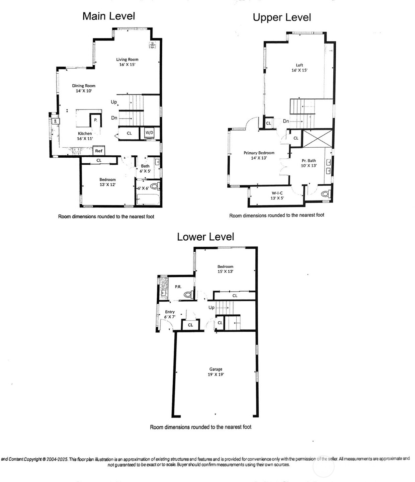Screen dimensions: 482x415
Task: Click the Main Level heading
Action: coord(109,16)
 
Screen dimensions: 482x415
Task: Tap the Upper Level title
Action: coord(282,17)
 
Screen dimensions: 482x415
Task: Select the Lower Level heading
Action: coord(205,237)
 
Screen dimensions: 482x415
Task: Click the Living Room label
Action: coord(127,60)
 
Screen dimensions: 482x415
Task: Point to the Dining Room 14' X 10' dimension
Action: coord(84,91)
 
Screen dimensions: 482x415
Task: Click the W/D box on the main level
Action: coord(149,133)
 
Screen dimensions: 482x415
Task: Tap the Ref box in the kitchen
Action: coord(99,151)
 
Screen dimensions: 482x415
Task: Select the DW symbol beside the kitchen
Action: coord(55,121)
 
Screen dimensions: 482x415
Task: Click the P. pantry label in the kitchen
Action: coord(95,120)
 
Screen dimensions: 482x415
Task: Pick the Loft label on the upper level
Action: coord(300,65)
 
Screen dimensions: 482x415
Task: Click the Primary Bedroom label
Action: coord(259,153)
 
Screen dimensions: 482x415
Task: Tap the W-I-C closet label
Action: coord(277,193)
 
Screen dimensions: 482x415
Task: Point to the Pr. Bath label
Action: coord(309,161)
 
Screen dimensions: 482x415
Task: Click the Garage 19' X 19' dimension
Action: coord(216,375)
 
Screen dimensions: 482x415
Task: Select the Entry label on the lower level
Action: coord(170,312)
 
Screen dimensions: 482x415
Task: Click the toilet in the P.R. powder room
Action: coord(188,295)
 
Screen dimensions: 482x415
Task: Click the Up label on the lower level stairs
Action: coord(212,308)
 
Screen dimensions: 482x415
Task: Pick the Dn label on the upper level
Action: coord(286,121)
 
